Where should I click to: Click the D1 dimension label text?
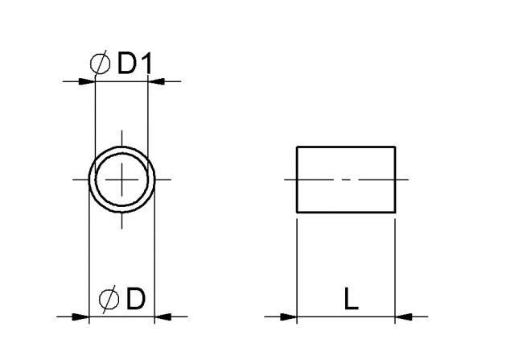[134, 65]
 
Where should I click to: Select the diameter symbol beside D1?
[101, 65]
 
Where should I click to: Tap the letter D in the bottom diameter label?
[135, 299]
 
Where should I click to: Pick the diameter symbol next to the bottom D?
[109, 299]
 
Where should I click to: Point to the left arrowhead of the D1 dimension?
[87, 81]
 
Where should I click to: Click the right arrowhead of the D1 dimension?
[157, 81]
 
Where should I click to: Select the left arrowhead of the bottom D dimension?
[80, 316]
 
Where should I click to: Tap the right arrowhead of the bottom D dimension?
[162, 316]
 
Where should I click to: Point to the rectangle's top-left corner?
[297, 147]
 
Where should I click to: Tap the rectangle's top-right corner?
[395, 147]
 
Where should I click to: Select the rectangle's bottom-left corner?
[297, 213]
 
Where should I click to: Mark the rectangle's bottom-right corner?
[395, 213]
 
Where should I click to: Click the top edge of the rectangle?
[346, 147]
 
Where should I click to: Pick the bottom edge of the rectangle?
[346, 213]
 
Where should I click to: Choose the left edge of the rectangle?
[297, 180]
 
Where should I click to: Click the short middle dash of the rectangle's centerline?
[346, 179]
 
